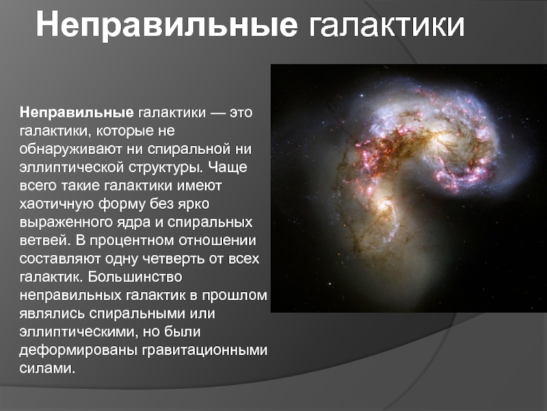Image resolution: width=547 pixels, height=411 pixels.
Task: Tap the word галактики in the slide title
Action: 386,25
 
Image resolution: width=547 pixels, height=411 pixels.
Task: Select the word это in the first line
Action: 241,113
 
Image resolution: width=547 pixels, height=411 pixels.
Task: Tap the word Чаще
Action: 228,167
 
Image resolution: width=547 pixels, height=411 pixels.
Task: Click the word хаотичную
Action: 56,204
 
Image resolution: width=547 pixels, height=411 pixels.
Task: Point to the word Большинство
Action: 135,277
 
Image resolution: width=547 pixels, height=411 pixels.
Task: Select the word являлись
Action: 52,314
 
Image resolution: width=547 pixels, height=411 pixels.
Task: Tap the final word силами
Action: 47,369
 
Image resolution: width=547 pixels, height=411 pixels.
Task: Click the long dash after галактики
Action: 217,114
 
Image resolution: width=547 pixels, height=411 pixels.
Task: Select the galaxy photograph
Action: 408,188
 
